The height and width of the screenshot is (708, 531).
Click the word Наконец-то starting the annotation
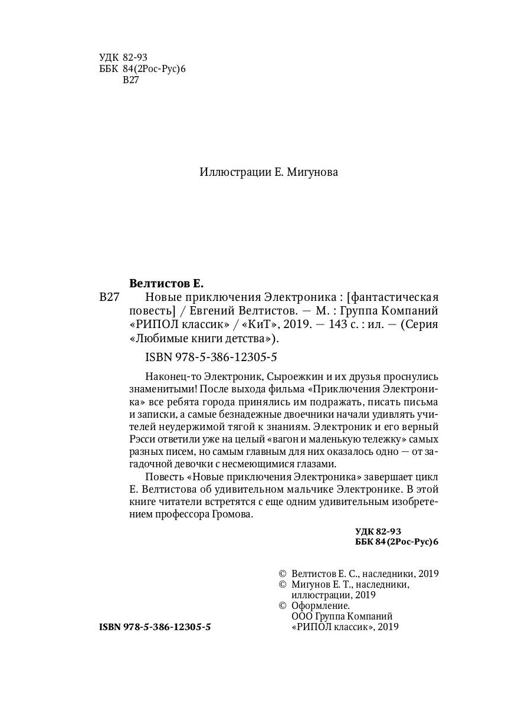[171, 376]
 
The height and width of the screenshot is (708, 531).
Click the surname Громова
[231, 514]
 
